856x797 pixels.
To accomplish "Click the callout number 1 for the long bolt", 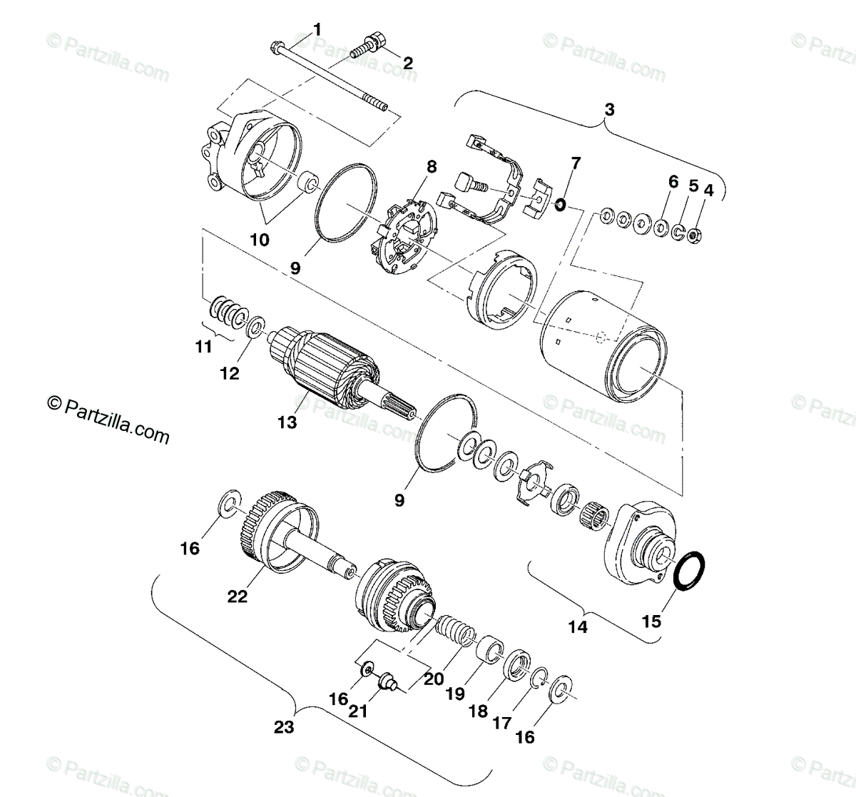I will click(317, 30).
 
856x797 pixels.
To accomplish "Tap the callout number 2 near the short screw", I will click(407, 64).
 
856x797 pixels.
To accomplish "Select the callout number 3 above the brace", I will click(608, 109).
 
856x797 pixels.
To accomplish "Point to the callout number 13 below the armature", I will click(287, 423).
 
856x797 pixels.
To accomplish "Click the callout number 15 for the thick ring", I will click(651, 621).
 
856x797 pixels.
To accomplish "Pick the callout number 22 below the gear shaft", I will click(237, 597).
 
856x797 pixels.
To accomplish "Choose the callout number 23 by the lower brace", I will click(284, 728).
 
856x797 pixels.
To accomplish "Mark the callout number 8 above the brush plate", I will click(431, 168).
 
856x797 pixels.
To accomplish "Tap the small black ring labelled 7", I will click(560, 206).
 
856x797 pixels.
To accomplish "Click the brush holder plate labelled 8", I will click(404, 239).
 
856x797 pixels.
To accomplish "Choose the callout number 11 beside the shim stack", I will click(204, 347).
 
